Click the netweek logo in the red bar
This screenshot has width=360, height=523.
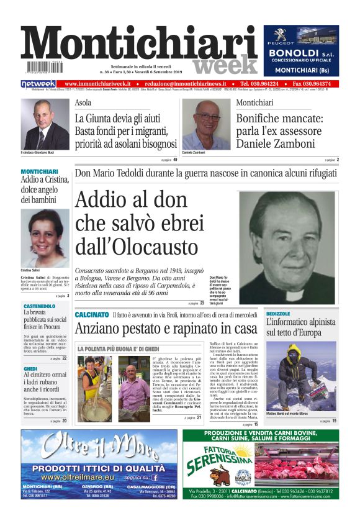point(38,83)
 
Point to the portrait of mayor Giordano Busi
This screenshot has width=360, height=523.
point(46,124)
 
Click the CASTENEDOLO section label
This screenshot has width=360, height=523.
point(39,306)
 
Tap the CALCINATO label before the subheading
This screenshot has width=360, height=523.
point(92,315)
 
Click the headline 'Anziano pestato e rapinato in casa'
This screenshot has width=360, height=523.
point(166,328)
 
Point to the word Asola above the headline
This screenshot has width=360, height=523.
point(83,103)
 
